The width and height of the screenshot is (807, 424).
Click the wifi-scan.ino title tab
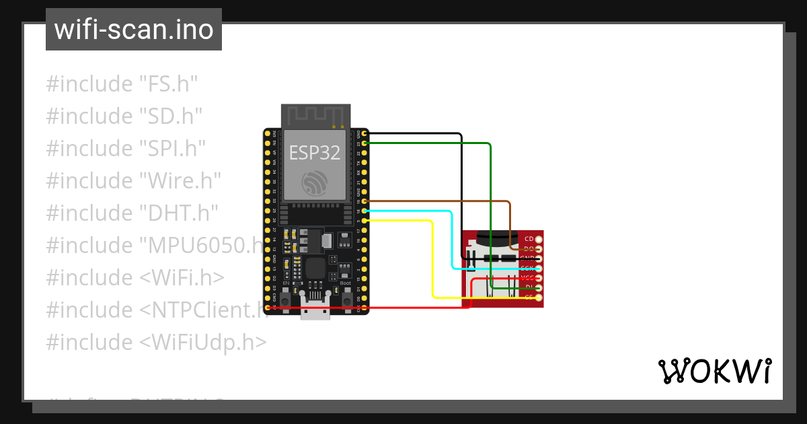coord(133,30)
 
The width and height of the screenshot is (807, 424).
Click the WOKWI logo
coord(714,371)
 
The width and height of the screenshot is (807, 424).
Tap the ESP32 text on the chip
coord(315,153)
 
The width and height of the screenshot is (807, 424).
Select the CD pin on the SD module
coord(538,240)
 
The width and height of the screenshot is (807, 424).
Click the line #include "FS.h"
coord(122,84)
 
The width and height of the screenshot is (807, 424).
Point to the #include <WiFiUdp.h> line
coord(156,342)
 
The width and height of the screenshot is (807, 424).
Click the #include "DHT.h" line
coord(132,213)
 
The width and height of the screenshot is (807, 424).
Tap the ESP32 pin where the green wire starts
coord(364,143)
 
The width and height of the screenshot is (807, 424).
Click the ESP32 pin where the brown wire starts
coord(364,201)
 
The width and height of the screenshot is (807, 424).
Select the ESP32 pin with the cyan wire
coord(364,211)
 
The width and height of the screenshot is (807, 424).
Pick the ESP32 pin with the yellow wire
coord(364,221)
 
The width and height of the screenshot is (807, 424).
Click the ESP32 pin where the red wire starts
coord(268,308)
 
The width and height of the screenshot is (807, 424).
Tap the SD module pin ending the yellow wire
coord(538,297)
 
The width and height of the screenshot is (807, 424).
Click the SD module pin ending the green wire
coord(538,287)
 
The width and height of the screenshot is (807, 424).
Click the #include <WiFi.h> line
coord(135,277)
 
